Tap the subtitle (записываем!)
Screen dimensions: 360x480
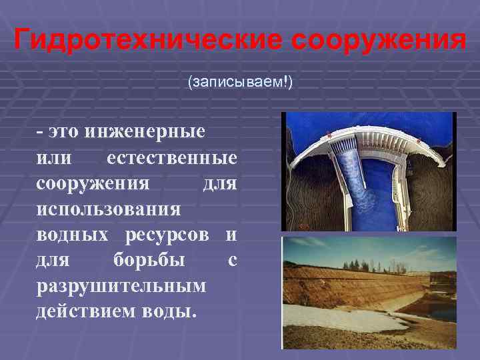click(240, 82)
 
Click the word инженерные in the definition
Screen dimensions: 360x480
click(145, 131)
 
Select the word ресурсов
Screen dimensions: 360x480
click(172, 234)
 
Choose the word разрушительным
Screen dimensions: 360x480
click(121, 285)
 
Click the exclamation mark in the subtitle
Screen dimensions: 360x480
click(287, 82)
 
